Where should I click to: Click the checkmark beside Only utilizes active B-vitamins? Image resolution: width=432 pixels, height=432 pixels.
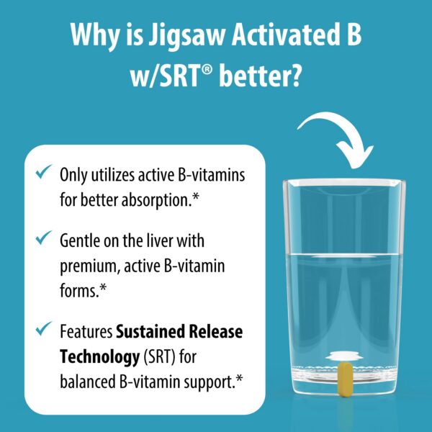coord(45,173)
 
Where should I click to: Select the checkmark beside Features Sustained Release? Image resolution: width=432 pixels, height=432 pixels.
coord(45,330)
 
